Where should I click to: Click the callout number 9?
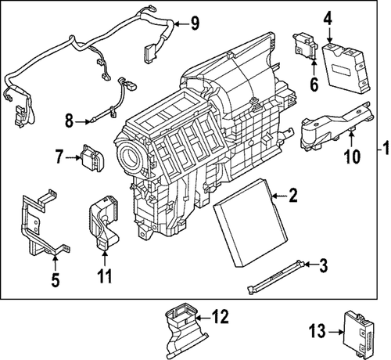click(x=194, y=23)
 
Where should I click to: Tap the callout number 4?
click(x=329, y=17)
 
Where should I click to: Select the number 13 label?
click(x=317, y=331)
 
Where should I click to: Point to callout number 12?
click(x=221, y=316)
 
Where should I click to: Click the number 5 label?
click(x=56, y=280)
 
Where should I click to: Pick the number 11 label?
click(x=104, y=276)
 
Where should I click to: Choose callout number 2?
click(x=292, y=195)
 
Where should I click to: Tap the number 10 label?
click(x=353, y=156)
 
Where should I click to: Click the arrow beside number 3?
click(x=311, y=265)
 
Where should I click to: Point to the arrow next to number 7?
click(x=73, y=157)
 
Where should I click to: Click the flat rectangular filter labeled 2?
click(x=250, y=222)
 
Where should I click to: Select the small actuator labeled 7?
click(x=93, y=158)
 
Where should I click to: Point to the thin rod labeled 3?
click(x=276, y=277)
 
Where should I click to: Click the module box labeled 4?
click(x=346, y=67)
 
